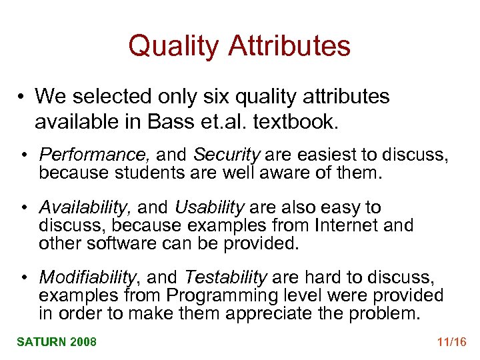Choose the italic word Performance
pyautogui.click(x=95, y=155)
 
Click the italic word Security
pyautogui.click(x=226, y=155)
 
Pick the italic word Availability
pyautogui.click(x=81, y=208)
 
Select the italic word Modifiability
pyautogui.click(x=88, y=277)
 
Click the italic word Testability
pyautogui.click(x=225, y=277)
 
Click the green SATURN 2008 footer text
pyautogui.click(x=57, y=342)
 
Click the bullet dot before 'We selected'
pyautogui.click(x=23, y=97)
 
